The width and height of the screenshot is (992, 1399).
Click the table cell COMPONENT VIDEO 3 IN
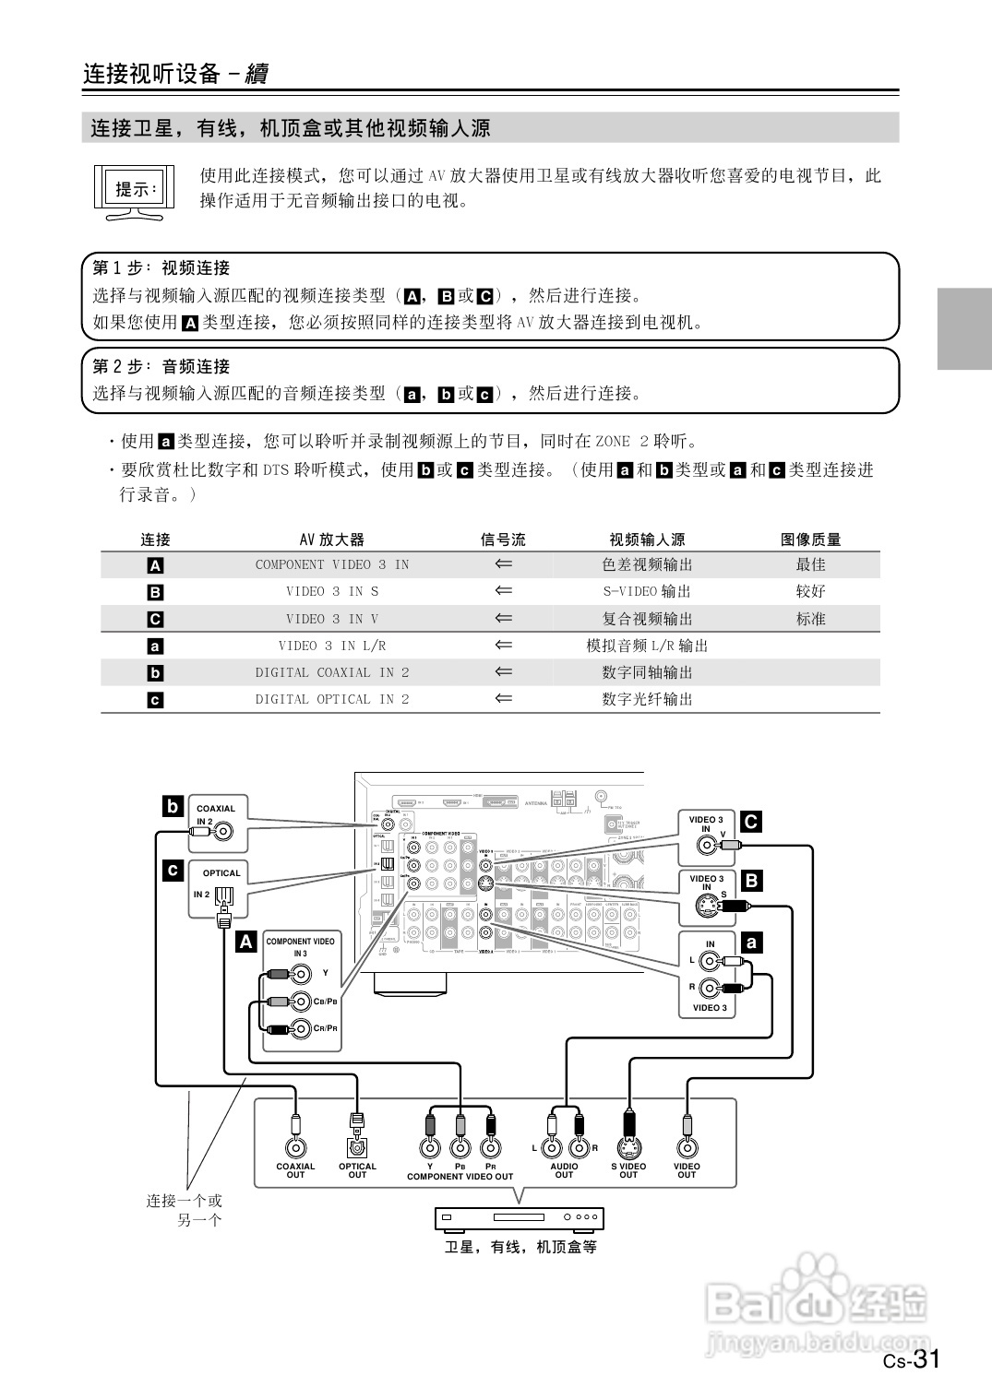[331, 564]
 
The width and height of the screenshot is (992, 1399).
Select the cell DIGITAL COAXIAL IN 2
[331, 672]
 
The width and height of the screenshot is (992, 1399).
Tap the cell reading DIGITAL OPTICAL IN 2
[331, 699]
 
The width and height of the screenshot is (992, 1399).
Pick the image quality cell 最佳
[810, 564]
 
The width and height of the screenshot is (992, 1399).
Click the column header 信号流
[503, 539]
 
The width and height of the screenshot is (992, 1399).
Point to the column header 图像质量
[810, 539]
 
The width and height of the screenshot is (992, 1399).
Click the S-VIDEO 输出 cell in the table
[646, 591]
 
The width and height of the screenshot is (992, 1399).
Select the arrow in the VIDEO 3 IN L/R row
[503, 646]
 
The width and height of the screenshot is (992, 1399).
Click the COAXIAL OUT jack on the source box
[295, 1147]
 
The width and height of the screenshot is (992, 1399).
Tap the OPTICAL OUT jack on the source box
[357, 1147]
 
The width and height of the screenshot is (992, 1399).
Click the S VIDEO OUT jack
[628, 1147]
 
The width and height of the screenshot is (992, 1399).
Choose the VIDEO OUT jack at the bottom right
[687, 1147]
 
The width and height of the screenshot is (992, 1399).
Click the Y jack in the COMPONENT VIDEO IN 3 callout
[300, 973]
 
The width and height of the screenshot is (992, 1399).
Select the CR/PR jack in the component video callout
[300, 1028]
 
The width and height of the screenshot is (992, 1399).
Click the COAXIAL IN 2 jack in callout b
[224, 833]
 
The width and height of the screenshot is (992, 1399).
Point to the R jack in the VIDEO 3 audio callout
[709, 989]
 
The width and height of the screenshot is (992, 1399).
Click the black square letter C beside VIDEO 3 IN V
[751, 822]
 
